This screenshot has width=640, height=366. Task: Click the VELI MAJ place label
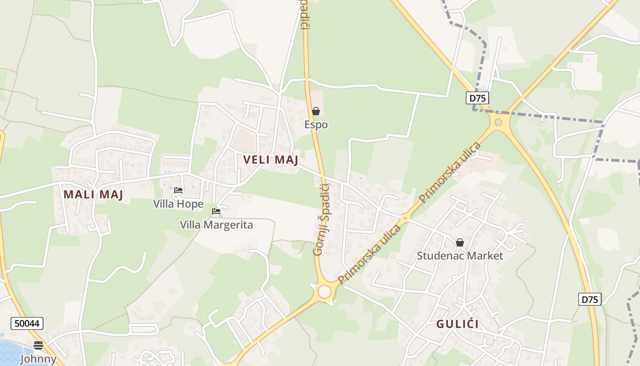[x=271, y=160]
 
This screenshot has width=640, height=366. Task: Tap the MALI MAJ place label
[x=93, y=194]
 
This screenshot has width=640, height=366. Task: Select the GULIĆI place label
[x=457, y=324]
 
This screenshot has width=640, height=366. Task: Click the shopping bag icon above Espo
[x=315, y=111]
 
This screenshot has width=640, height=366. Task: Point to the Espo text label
[x=316, y=124]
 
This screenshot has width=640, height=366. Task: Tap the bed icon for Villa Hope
[x=178, y=190]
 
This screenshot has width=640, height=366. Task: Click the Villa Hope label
[x=178, y=204]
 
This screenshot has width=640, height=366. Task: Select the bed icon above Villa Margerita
[x=216, y=211]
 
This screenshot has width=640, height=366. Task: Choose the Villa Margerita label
[x=216, y=225]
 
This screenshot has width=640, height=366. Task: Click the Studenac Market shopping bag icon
[x=460, y=242]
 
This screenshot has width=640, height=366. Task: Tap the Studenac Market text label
[x=460, y=256]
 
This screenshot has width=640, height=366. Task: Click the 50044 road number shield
[x=27, y=323]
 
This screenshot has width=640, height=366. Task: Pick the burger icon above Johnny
[x=38, y=345]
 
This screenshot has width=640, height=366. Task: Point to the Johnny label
[x=38, y=359]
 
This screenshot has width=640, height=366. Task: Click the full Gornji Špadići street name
[x=321, y=220]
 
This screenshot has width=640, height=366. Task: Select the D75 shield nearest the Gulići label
[x=590, y=300]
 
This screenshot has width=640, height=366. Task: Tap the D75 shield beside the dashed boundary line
[x=478, y=97]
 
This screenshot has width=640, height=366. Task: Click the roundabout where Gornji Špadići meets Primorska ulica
[x=324, y=291]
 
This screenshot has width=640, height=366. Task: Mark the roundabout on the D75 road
[x=498, y=122]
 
